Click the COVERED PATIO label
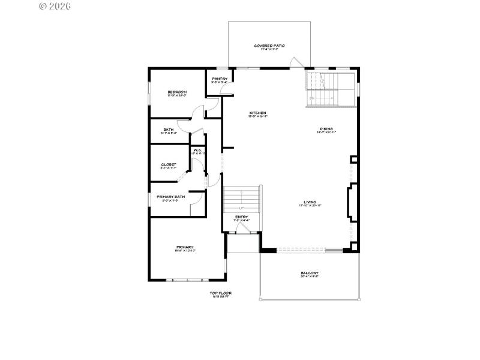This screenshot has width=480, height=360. point(269,46)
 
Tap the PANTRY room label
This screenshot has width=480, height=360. point(218,79)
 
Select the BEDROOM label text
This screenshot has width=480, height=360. point(177,92)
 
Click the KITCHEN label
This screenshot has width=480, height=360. point(258,113)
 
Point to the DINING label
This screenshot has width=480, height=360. point(326,129)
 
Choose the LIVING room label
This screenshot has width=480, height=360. point(310,203)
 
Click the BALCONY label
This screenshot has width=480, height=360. point(310,274)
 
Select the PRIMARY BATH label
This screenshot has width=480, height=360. point(170,197)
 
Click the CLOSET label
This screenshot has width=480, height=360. point(168,165)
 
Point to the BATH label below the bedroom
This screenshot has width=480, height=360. point(169,129)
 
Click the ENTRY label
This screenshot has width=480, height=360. point(241,217)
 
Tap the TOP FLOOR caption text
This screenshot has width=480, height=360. point(220,293)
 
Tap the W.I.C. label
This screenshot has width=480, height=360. point(197,150)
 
